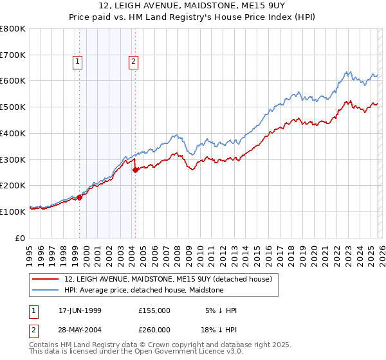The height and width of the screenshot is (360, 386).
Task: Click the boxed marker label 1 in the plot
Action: [x=77, y=62]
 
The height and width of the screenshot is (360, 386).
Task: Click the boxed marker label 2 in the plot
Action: [x=133, y=62]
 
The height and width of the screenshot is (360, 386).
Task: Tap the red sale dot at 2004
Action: [x=135, y=170]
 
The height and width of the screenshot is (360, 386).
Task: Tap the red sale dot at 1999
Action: [x=80, y=197]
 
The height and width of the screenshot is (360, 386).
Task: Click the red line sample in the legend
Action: [x=46, y=279]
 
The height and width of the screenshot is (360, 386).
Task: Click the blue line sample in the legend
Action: [x=46, y=290]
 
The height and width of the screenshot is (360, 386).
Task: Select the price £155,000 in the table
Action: [x=154, y=310]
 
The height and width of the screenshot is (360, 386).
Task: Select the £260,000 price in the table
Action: [x=154, y=329]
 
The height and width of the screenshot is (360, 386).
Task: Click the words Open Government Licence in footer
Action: [x=170, y=352]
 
